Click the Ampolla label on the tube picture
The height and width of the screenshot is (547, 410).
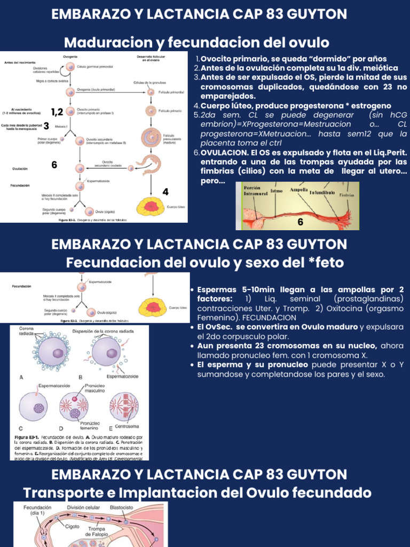299,190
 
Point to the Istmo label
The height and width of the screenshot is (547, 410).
277,190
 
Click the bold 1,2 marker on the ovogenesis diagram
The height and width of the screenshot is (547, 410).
57,112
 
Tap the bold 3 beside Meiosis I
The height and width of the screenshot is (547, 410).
46,126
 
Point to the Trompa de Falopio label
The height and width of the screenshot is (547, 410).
97,531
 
